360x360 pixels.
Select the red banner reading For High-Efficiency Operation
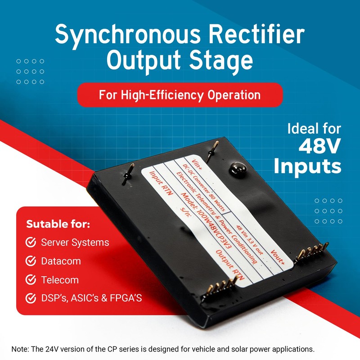tap(180, 95)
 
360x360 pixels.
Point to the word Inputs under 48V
tap(308, 166)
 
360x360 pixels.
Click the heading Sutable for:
tap(58, 224)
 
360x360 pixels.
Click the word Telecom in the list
tap(60, 280)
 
